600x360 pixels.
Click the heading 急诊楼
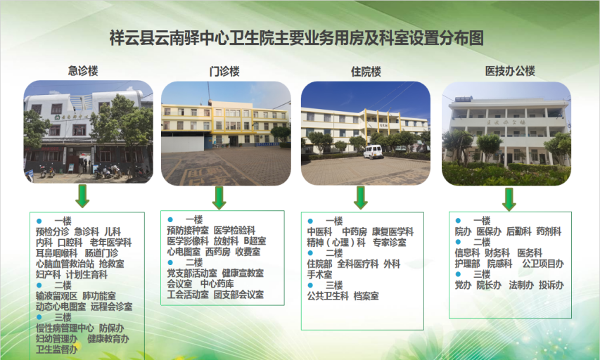click(x=83, y=71)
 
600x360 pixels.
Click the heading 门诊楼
click(x=224, y=71)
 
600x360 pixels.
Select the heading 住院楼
click(x=366, y=72)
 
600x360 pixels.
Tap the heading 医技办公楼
click(x=510, y=71)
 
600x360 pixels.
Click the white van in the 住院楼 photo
click(x=373, y=151)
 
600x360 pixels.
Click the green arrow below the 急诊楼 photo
click(x=82, y=196)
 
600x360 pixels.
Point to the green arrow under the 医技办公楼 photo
click(x=509, y=199)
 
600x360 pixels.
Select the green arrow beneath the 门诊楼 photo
click(x=219, y=198)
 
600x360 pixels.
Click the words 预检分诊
click(x=53, y=232)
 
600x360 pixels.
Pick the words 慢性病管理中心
click(x=65, y=328)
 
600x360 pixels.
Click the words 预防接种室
click(x=188, y=231)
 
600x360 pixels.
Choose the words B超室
click(x=255, y=241)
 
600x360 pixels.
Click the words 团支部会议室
click(x=238, y=295)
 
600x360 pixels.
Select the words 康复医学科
click(x=393, y=232)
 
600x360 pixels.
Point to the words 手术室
click(x=319, y=275)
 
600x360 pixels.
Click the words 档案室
click(x=366, y=296)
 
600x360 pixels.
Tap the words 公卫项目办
click(x=543, y=264)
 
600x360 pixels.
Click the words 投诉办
click(x=551, y=285)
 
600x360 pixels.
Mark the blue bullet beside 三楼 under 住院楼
click(x=310, y=285)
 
